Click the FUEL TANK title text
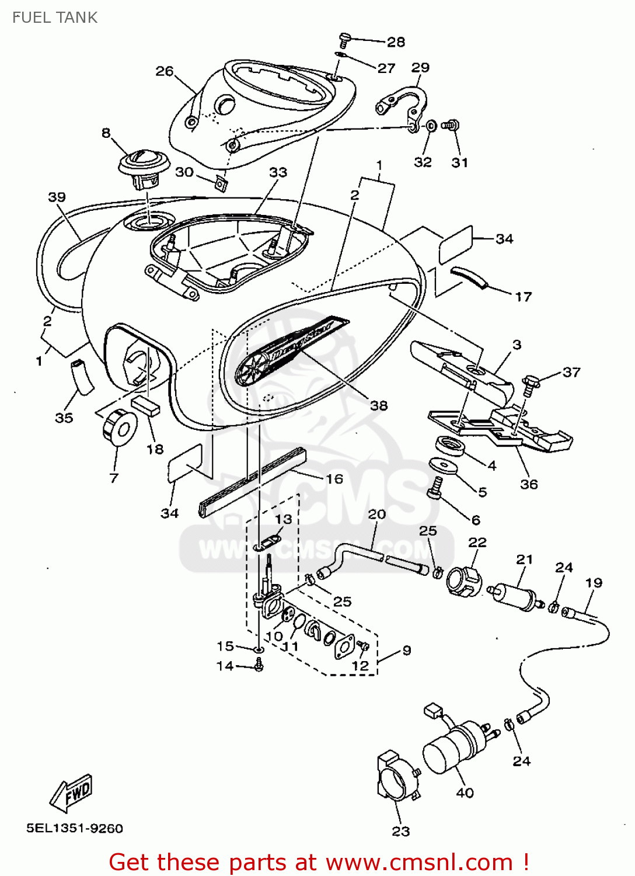[x=55, y=18]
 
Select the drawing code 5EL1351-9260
[x=75, y=828]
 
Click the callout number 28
[x=396, y=42]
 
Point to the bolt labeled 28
[x=344, y=40]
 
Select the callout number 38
[x=379, y=405]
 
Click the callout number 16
[x=334, y=479]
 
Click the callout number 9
[x=407, y=650]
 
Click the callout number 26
[x=165, y=71]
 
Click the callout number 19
[x=594, y=583]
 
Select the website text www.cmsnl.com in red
[x=418, y=862]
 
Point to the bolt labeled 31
[x=451, y=125]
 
